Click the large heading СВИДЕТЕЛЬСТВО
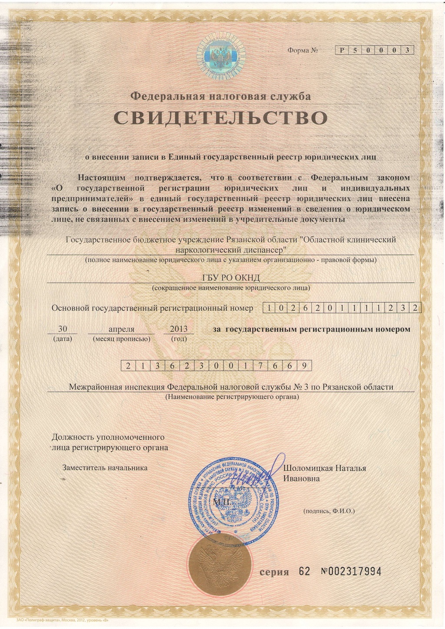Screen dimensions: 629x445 (x=220, y=118)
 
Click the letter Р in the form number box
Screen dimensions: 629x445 (x=342, y=50)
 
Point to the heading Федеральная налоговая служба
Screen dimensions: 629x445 (x=221, y=96)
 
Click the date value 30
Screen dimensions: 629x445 (x=62, y=329)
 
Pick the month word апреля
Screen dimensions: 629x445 (x=122, y=329)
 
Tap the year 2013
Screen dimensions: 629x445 (x=179, y=329)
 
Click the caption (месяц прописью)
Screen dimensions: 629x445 (x=122, y=339)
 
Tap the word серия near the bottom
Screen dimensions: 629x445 (x=274, y=572)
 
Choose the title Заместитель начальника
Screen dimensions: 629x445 (x=105, y=468)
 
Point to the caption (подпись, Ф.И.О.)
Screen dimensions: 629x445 (x=329, y=511)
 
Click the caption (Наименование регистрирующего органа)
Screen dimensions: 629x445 (x=232, y=397)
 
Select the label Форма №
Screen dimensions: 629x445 (x=303, y=50)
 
